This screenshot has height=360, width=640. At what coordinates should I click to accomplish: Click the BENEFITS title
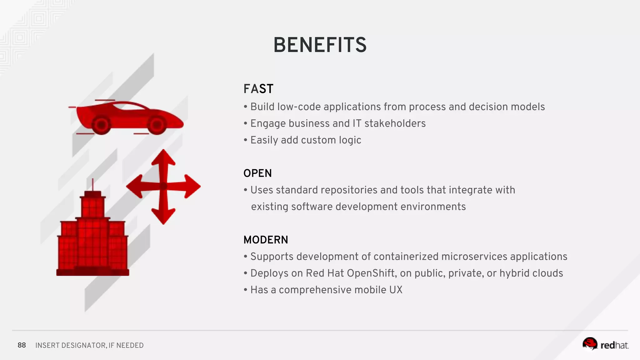320,45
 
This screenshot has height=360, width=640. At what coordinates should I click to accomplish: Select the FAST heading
258,89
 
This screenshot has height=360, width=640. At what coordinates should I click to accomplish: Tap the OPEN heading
257,173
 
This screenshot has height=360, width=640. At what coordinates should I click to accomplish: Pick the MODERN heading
266,240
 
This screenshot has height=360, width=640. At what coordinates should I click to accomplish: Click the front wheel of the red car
157,125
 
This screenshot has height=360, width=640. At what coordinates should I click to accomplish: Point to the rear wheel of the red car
101,125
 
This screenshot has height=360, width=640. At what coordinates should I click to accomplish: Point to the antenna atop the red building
92,184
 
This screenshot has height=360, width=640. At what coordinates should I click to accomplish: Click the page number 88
22,345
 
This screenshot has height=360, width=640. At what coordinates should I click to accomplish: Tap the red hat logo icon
590,343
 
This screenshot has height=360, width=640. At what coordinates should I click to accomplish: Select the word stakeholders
395,123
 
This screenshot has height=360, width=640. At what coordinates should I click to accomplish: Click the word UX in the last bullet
396,290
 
